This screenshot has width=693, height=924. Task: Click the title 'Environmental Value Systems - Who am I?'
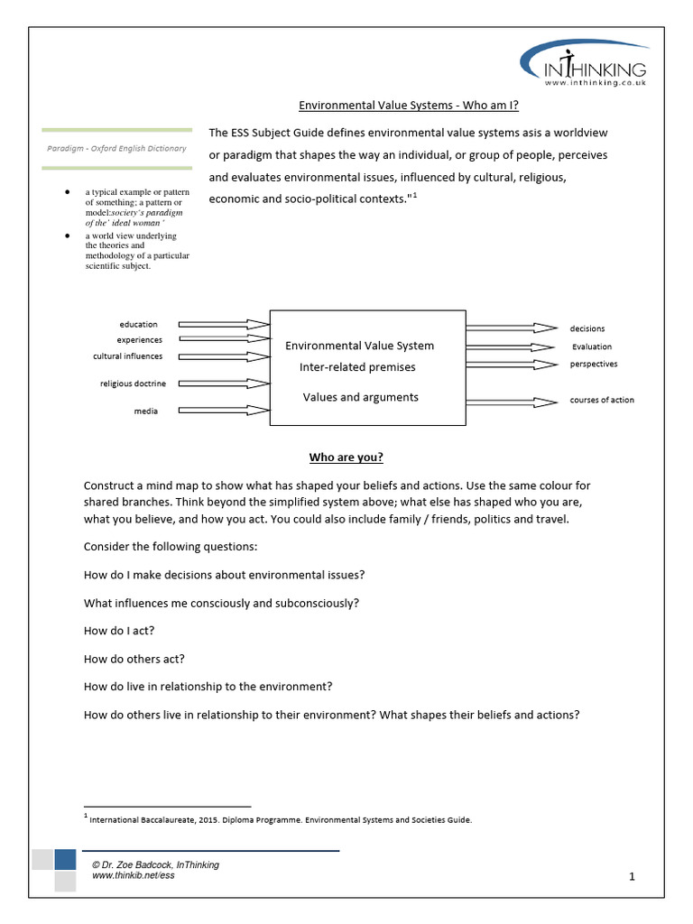pyautogui.click(x=409, y=106)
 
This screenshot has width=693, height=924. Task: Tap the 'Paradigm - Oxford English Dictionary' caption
pyautogui.click(x=117, y=148)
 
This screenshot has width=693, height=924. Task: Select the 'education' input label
pyautogui.click(x=138, y=324)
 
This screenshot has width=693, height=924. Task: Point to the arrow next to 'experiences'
pyautogui.click(x=224, y=340)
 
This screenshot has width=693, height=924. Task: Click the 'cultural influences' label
pyautogui.click(x=127, y=356)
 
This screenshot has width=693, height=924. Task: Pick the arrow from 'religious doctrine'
pyautogui.click(x=224, y=383)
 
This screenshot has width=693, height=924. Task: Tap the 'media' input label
pyautogui.click(x=145, y=411)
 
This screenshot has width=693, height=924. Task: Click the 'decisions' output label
pyautogui.click(x=587, y=328)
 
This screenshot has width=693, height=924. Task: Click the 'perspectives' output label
pyautogui.click(x=593, y=364)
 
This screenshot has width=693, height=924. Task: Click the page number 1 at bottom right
pyautogui.click(x=633, y=876)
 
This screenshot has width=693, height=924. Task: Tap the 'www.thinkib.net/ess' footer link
pyautogui.click(x=132, y=876)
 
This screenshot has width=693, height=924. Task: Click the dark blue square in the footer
pyautogui.click(x=64, y=858)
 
